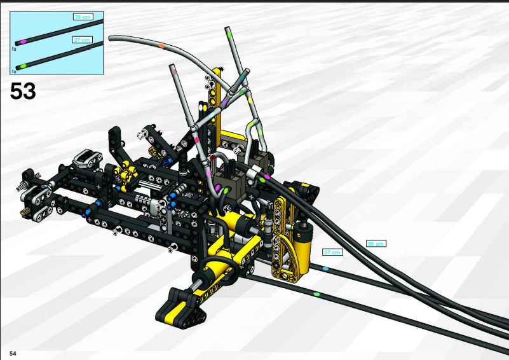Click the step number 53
pos(23,91)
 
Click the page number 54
pos(13,353)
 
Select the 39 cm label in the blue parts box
pos(83,17)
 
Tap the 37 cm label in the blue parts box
pos(82,40)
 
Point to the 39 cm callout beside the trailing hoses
pos(376,244)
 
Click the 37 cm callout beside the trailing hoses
pos(332,252)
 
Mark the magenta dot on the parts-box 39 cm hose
pos(23,42)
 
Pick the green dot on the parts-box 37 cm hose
pos(23,66)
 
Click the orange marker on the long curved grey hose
pos(161,46)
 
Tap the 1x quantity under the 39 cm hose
pos(13,50)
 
